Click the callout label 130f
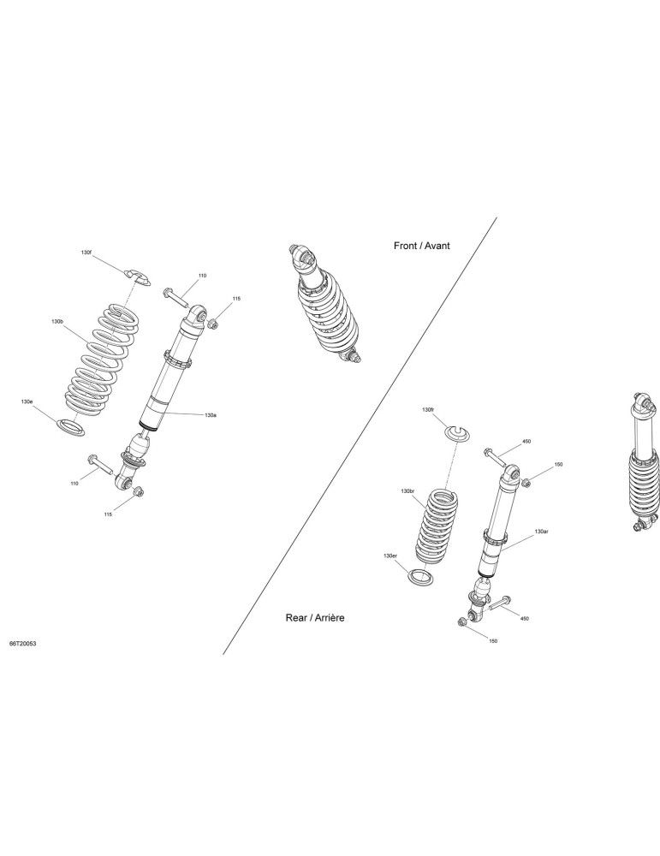click(86, 253)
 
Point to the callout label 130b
click(57, 323)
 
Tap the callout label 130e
click(27, 401)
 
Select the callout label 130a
click(211, 415)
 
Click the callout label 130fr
click(428, 409)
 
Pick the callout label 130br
click(407, 491)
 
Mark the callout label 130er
click(389, 556)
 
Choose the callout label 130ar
click(541, 532)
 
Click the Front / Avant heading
click(422, 246)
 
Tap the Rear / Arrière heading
click(315, 618)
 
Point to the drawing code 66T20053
click(23, 645)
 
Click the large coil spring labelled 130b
click(101, 360)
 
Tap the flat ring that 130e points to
click(72, 427)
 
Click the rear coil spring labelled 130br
click(437, 526)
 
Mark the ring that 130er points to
click(421, 577)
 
